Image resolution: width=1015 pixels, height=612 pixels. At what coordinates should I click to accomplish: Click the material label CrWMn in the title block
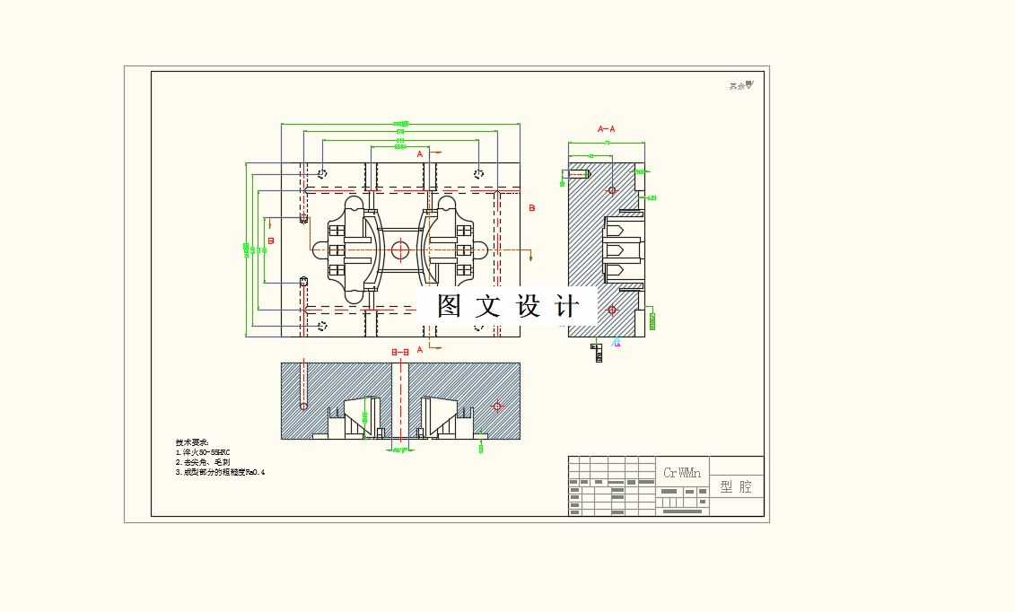[x=682, y=472]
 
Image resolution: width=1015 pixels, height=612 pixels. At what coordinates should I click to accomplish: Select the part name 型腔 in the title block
[x=737, y=486]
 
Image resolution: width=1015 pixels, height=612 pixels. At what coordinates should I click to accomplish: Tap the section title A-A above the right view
[x=607, y=129]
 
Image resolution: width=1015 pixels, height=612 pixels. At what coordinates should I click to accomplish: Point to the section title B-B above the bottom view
[x=400, y=353]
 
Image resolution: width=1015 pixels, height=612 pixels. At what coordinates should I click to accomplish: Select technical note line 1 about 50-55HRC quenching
[x=204, y=452]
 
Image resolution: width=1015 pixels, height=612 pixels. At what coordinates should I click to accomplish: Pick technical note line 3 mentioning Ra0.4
[x=221, y=471]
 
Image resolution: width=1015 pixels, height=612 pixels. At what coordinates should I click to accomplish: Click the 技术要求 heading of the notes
[x=192, y=442]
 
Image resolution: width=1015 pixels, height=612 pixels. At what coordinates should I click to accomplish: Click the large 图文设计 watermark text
[x=507, y=306]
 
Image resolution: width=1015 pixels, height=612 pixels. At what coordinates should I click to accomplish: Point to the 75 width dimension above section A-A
[x=607, y=142]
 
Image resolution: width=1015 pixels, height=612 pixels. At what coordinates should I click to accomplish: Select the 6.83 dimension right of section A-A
[x=652, y=197]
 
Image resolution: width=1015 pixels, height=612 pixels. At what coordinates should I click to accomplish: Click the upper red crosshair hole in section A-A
[x=612, y=190]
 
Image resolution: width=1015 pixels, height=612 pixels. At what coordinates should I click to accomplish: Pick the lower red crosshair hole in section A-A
[x=612, y=310]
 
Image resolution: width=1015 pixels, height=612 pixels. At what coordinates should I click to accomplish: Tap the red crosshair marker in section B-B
[x=497, y=407]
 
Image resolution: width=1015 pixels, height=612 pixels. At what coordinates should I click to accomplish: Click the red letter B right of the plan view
[x=531, y=208]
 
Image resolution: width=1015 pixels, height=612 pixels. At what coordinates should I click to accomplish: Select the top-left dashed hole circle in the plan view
[x=323, y=173]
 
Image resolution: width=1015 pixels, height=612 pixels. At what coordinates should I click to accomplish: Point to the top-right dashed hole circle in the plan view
[x=480, y=173]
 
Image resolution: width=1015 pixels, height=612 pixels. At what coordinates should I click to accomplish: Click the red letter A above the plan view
[x=419, y=153]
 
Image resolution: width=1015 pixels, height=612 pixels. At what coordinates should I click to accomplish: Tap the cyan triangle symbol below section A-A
[x=616, y=342]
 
